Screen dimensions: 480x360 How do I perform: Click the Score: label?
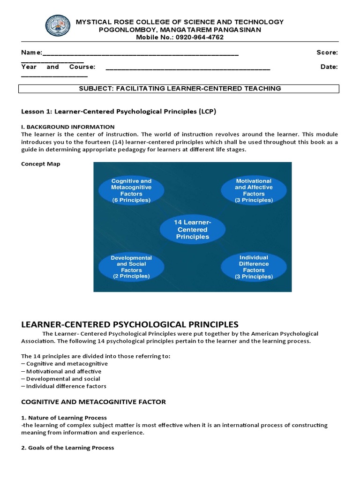tap(327, 52)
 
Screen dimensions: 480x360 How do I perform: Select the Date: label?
tap(329, 67)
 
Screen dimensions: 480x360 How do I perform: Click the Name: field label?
tap(32, 52)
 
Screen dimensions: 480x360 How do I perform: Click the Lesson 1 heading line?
tap(119, 112)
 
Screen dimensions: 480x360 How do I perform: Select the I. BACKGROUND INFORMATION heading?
tap(68, 127)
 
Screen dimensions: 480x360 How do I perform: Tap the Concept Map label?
tap(41, 164)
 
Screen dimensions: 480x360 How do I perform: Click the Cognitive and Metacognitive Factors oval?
tap(131, 190)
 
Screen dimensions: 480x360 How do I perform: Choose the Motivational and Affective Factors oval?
tap(254, 190)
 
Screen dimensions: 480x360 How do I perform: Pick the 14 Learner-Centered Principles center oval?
tap(193, 230)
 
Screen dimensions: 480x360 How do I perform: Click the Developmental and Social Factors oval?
tap(131, 267)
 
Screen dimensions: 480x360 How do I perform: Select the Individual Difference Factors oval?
tap(254, 267)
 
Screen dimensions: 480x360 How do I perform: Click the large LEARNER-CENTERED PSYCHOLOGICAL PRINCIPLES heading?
tap(130, 324)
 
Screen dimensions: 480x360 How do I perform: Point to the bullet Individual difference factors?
tap(65, 386)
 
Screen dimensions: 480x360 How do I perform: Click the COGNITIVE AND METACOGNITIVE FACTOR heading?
tap(94, 402)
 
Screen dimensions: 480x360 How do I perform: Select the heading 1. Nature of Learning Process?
tap(64, 418)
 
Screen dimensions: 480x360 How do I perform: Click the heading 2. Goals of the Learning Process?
tap(68, 448)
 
